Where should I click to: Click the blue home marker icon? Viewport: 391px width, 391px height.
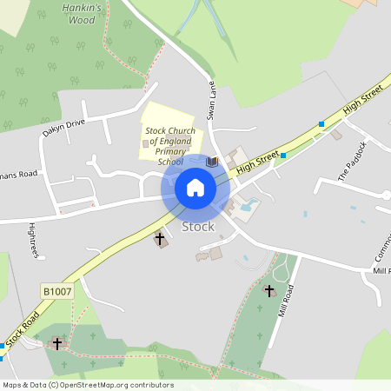195,188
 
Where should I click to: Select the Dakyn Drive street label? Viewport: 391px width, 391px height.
64,129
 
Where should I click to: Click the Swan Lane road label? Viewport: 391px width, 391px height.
210,102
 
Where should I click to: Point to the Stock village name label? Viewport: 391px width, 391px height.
198,227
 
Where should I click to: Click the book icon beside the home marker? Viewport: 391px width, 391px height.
211,162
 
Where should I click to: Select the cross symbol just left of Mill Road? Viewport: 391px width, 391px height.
268,290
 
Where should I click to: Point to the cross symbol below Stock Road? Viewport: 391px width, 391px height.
57,343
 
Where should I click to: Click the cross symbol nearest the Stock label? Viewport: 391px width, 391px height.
160,237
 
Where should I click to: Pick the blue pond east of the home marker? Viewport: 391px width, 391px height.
252,205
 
